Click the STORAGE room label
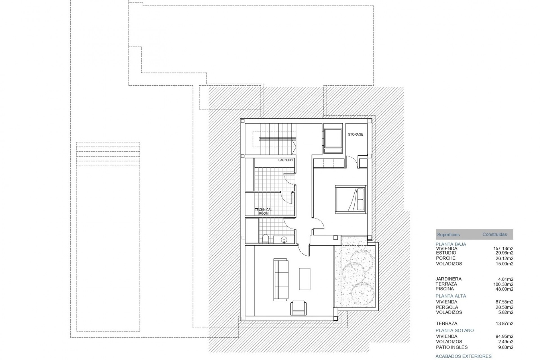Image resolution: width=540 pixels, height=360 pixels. click(x=355, y=134)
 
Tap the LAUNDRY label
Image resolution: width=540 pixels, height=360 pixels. click(x=286, y=160)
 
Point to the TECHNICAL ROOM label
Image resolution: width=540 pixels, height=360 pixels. click(x=264, y=211)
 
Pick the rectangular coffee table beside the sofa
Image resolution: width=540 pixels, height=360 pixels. click(x=305, y=279)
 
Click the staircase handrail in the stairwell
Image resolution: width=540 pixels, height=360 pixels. click(x=278, y=139)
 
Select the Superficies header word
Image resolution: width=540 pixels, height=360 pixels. click(x=448, y=235)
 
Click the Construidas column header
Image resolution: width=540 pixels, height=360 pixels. click(x=495, y=234)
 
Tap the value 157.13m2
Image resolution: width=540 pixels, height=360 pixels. click(x=503, y=249)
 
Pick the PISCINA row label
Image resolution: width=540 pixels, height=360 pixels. click(x=445, y=289)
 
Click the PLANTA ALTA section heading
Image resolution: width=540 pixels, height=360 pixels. click(x=451, y=296)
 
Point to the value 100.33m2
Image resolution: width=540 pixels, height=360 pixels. click(x=503, y=284)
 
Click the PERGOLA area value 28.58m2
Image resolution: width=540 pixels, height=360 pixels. click(x=504, y=307)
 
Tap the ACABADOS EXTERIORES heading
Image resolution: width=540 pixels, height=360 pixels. click(x=463, y=356)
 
